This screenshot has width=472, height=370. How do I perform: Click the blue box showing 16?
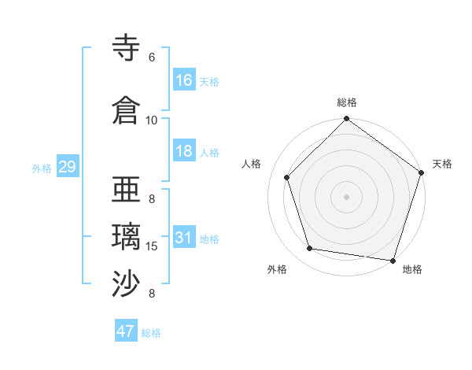click(184, 80)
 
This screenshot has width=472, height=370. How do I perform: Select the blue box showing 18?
click(184, 151)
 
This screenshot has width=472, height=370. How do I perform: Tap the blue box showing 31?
click(184, 238)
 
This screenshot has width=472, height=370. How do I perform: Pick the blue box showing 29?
click(67, 166)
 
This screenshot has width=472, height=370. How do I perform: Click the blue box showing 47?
click(126, 331)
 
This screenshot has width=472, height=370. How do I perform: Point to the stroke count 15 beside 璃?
click(152, 246)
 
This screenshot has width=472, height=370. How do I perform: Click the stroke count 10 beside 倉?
click(152, 120)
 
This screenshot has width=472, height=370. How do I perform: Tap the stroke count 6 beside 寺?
click(152, 57)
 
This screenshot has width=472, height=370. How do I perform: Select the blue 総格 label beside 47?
click(152, 333)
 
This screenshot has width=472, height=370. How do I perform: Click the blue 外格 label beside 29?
click(42, 168)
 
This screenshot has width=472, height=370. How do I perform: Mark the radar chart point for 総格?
click(346, 120)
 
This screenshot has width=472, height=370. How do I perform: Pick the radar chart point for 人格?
click(287, 177)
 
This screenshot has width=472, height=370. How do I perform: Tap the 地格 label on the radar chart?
click(412, 269)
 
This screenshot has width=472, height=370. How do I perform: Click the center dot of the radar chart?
click(346, 196)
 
